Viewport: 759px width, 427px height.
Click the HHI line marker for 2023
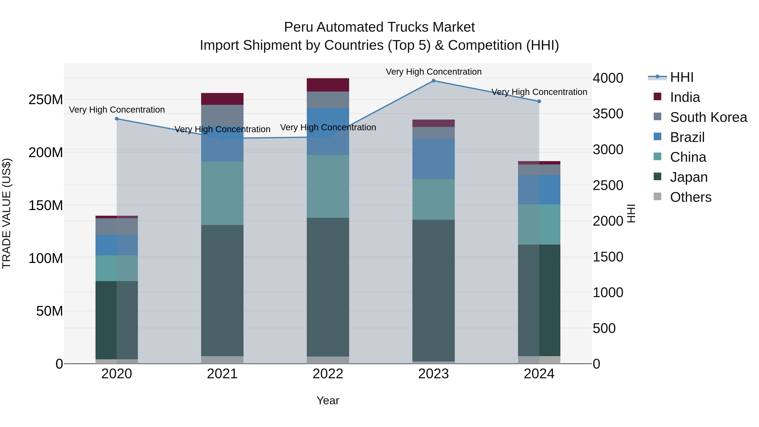(x=433, y=81)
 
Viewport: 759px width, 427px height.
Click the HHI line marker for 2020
(x=117, y=119)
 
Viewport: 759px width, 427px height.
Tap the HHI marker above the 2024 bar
(x=539, y=101)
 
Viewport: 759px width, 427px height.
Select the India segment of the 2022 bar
(x=328, y=85)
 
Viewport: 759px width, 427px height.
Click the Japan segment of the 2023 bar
(x=433, y=290)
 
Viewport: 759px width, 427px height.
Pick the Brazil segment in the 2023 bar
(x=433, y=159)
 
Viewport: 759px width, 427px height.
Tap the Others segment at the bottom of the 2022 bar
(x=328, y=360)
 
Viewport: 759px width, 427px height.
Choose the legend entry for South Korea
(x=708, y=117)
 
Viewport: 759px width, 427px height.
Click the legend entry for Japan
(x=689, y=177)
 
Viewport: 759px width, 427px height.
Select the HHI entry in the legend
(x=681, y=78)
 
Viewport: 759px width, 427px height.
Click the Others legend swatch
(x=657, y=197)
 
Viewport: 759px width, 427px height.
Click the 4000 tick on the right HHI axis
(x=608, y=78)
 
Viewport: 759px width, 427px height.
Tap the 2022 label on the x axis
(x=328, y=374)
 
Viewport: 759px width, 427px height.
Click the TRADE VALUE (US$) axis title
(x=7, y=213)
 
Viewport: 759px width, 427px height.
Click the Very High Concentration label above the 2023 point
(x=433, y=72)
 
